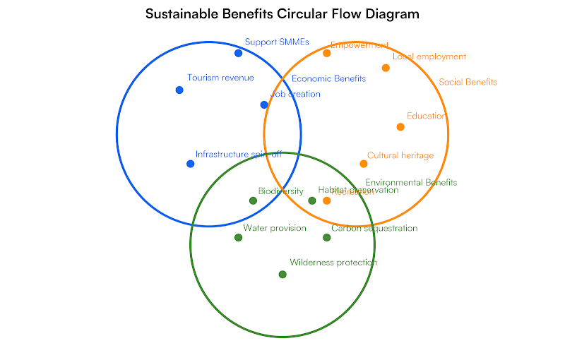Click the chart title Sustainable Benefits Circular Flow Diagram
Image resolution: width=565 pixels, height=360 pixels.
click(x=282, y=14)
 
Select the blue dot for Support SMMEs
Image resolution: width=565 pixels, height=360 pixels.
click(x=238, y=53)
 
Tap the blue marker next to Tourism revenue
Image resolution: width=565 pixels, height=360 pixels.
click(x=179, y=90)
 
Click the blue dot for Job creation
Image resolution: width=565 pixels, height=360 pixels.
click(x=264, y=104)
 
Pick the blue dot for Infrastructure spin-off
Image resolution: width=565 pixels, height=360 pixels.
click(x=190, y=164)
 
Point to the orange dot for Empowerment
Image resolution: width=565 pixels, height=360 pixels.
click(x=326, y=53)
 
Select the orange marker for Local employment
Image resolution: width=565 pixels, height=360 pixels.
click(x=386, y=68)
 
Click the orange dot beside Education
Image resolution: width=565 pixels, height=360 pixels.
click(x=400, y=127)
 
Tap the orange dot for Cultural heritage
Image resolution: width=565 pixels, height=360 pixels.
click(x=364, y=164)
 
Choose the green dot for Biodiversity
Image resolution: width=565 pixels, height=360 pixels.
click(x=253, y=200)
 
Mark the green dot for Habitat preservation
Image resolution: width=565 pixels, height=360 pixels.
click(x=312, y=200)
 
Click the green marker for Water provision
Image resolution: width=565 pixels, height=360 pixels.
click(x=238, y=237)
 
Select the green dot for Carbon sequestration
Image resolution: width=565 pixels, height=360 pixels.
click(x=326, y=237)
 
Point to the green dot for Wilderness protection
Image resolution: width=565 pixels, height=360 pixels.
click(x=282, y=274)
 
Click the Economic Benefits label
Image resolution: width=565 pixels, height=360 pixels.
click(x=328, y=79)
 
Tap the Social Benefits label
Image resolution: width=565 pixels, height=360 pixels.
click(x=468, y=83)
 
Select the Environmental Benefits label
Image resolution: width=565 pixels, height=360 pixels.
click(x=411, y=183)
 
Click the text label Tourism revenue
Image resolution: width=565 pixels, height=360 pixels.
click(x=220, y=78)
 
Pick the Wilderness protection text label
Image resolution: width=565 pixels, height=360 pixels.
click(x=333, y=263)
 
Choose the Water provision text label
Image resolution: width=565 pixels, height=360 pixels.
click(x=275, y=228)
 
